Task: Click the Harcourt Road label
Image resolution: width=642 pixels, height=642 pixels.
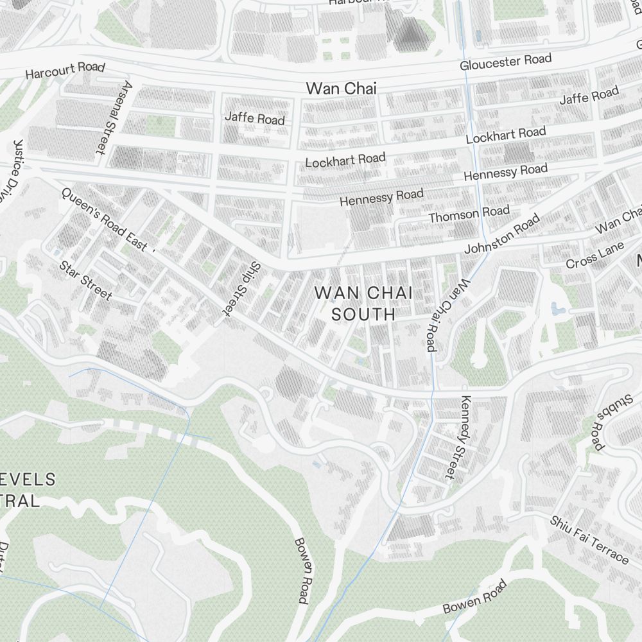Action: (x=65, y=70)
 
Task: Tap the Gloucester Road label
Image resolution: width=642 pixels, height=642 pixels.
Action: (x=505, y=62)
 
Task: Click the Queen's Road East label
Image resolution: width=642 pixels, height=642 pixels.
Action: (x=107, y=220)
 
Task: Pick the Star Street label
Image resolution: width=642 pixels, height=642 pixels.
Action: (x=85, y=281)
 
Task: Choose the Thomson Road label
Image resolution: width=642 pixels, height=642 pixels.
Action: (x=469, y=214)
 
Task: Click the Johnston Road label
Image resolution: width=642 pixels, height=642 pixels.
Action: (x=502, y=234)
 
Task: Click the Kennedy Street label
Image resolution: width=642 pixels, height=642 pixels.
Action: (x=458, y=437)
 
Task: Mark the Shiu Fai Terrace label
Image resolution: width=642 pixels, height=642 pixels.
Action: (x=589, y=539)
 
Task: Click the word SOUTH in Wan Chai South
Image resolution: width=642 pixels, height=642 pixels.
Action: (x=363, y=315)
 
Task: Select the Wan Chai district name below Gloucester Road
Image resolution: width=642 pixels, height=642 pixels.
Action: (x=341, y=89)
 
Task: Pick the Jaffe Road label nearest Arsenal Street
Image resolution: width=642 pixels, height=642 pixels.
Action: (x=254, y=117)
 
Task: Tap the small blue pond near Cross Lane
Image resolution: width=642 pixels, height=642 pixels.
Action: (x=557, y=309)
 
